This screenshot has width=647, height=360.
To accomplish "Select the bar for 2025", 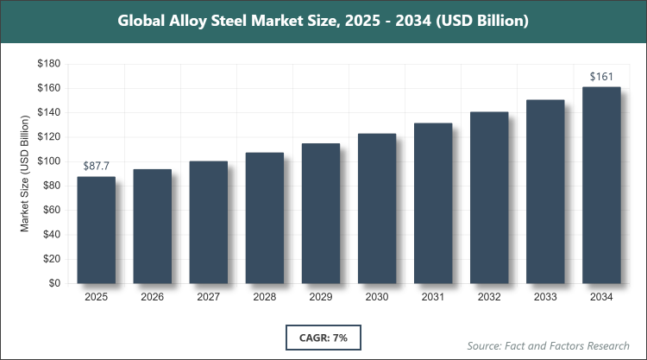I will coord(96,230).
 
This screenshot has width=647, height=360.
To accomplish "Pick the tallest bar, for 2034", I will coord(601,185).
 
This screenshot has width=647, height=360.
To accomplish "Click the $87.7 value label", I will coord(97,166).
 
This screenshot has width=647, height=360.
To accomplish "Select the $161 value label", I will coord(602,77).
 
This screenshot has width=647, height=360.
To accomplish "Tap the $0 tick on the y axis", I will coord(53,283).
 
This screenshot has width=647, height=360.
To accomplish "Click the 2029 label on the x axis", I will coord(320,298).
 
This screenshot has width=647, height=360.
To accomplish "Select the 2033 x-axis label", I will coord(545,298).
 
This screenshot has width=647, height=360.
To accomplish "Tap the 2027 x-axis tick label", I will coord(208,298).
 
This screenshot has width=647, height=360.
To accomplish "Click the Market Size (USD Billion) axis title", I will coord(26,173).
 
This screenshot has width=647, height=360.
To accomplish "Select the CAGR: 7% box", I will coord(323,337).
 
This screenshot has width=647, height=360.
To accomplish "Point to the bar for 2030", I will coord(376,208).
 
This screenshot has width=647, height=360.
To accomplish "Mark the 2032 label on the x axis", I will coord(489,298).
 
